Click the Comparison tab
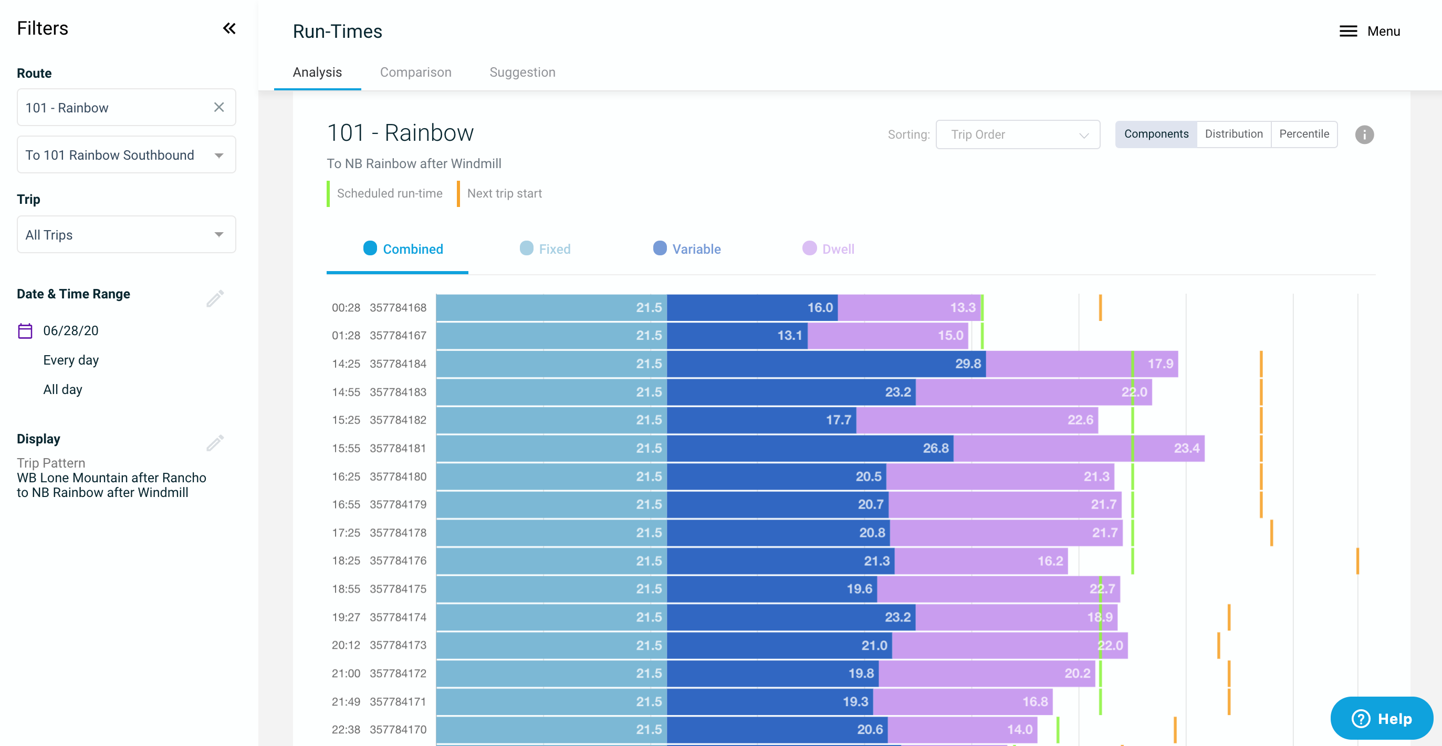tap(415, 72)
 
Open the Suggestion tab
tap(522, 72)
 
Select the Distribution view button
tap(1233, 134)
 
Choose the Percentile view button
tap(1303, 134)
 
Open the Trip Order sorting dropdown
tap(1017, 134)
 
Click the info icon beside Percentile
tap(1364, 134)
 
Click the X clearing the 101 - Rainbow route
tap(219, 107)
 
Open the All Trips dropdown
tap(126, 235)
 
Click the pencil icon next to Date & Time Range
tap(215, 298)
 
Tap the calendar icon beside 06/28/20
tap(25, 330)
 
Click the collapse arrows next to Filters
tap(229, 28)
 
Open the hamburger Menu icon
tap(1347, 32)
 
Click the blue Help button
tap(1381, 718)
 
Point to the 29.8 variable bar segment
tap(826, 364)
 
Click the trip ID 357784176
tap(398, 561)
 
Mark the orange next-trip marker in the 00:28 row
tap(1100, 307)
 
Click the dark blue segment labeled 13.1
tap(737, 336)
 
